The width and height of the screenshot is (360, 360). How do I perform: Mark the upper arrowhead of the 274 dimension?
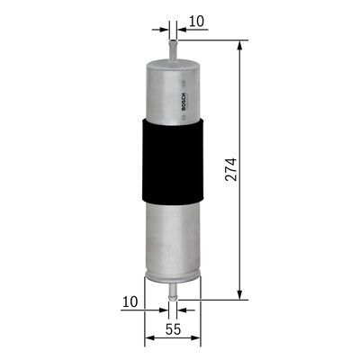(x=240, y=46)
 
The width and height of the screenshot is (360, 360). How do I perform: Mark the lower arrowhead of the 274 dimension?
(x=240, y=293)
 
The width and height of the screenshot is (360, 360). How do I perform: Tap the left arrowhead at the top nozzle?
(x=164, y=27)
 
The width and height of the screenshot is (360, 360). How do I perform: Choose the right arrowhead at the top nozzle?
(x=181, y=27)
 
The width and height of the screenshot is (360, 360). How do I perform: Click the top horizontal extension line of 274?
(x=211, y=40)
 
